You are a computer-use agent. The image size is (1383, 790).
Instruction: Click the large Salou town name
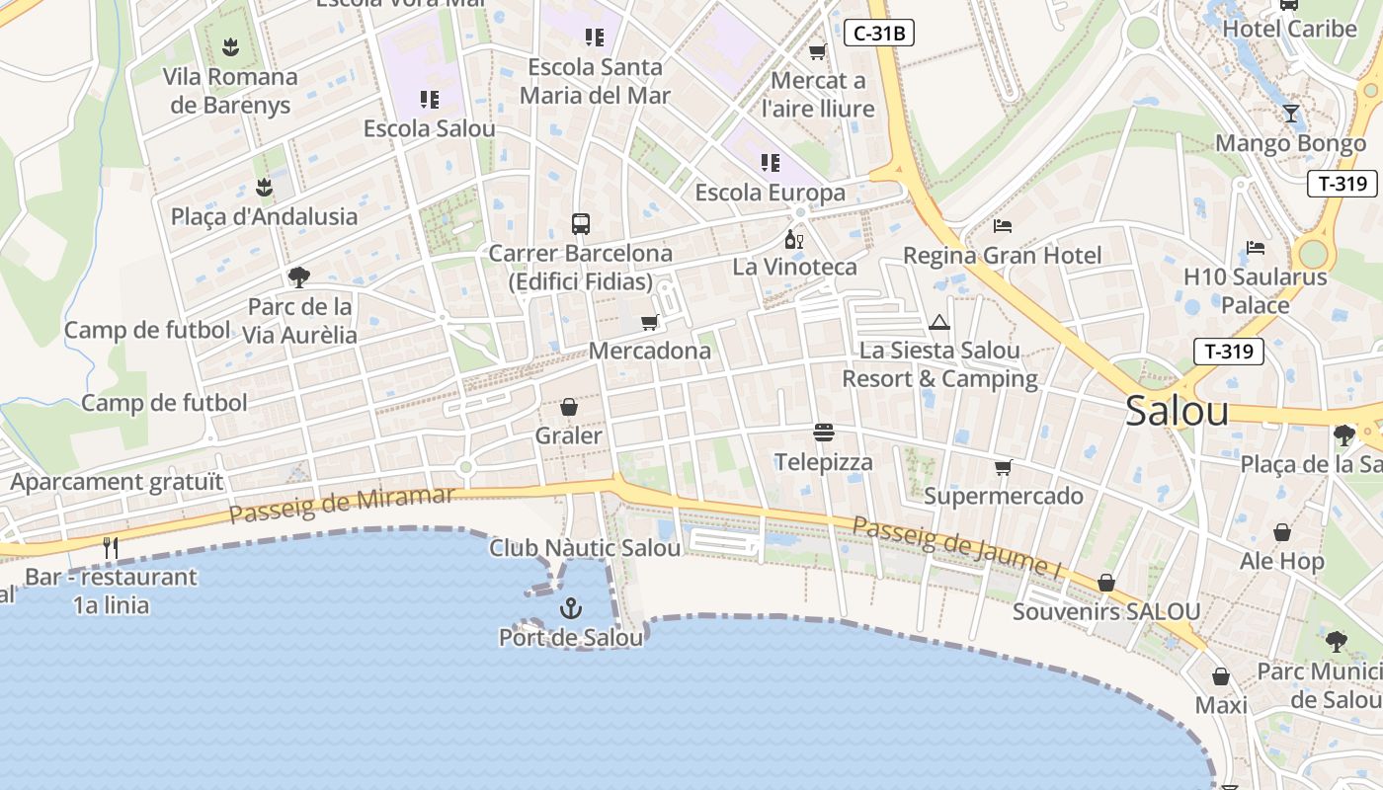point(1177,411)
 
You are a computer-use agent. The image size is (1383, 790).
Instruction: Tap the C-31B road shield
point(878,34)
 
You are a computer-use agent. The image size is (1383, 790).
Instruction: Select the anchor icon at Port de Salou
point(570,608)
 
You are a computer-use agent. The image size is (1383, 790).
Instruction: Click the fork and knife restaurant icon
point(111,548)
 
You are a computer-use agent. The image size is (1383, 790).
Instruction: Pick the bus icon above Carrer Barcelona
point(581,224)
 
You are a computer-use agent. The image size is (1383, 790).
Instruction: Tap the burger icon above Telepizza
point(824,433)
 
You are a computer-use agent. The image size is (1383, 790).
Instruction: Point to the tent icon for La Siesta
point(938,322)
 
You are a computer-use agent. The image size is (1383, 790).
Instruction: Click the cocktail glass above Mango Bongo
point(1290,114)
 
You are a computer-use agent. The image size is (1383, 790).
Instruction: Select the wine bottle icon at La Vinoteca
point(793,239)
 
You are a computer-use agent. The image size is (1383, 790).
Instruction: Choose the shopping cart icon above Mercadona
point(649,322)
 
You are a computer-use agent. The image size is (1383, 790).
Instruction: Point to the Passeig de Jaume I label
point(956,546)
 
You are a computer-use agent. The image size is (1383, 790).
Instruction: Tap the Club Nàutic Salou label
point(585,547)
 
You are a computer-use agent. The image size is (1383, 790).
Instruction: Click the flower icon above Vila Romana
point(230,46)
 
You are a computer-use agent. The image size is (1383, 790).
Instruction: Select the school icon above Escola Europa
point(770,163)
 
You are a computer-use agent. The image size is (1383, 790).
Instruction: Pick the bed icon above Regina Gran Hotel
point(1002,226)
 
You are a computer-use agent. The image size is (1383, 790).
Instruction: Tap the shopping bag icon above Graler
point(568,407)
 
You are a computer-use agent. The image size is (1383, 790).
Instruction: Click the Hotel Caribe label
point(1289,29)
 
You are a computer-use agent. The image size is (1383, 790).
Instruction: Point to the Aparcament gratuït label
point(117,482)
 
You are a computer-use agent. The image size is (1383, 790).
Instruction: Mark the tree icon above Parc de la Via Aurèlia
point(299,277)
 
